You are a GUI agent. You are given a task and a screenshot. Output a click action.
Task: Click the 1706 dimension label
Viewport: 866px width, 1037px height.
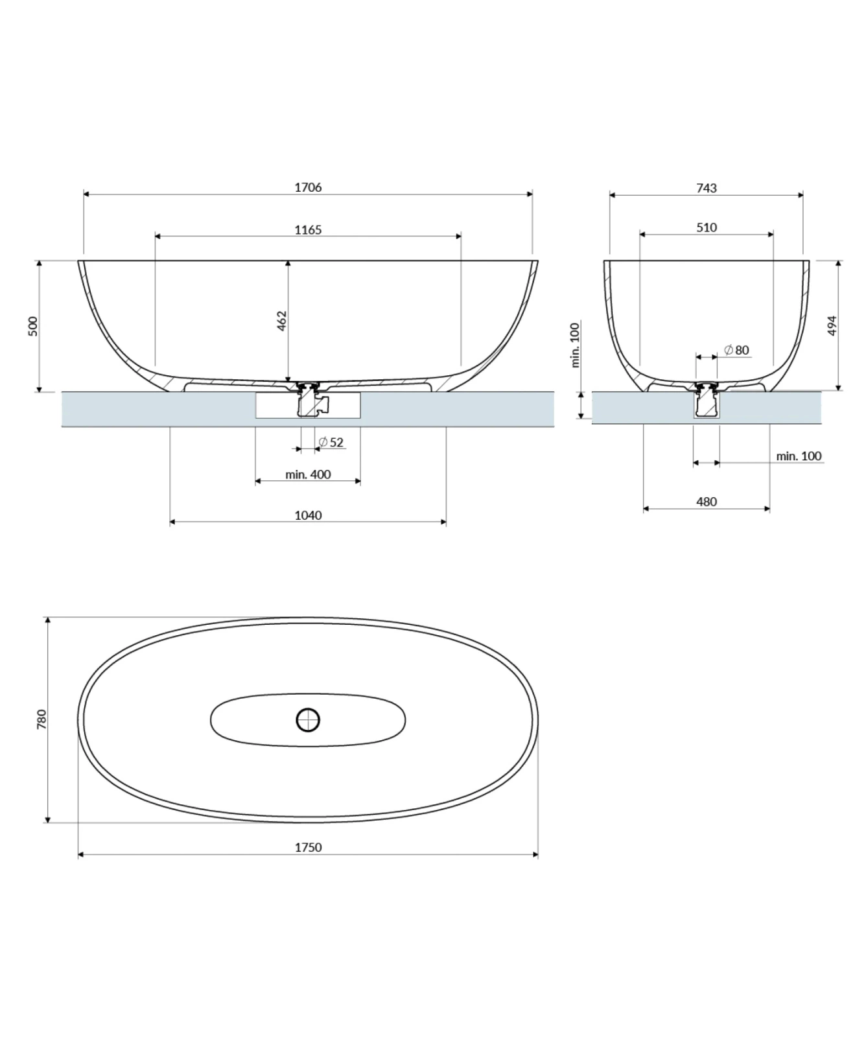308,187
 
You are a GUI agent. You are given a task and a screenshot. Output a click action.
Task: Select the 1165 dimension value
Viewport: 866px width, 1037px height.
308,229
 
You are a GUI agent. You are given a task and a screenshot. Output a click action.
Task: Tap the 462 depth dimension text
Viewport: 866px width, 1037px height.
282,321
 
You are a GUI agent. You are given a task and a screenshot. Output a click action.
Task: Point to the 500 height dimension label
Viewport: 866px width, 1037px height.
33,326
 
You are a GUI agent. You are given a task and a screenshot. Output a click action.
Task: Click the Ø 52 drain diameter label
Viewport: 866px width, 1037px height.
331,442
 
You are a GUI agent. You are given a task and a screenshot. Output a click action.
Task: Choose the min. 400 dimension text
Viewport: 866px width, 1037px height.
308,474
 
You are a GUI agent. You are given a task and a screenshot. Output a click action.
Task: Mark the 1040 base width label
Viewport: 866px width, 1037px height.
308,515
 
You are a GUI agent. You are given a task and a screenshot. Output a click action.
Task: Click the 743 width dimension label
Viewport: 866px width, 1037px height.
707,188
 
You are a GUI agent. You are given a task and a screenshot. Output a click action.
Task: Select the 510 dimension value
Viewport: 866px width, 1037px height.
707,227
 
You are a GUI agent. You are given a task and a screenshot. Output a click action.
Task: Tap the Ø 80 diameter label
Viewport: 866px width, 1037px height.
736,350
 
